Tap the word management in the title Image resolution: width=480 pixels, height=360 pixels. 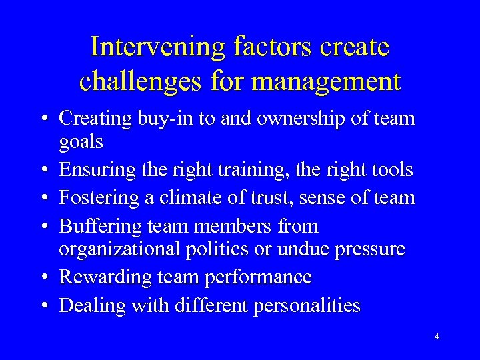click(327, 81)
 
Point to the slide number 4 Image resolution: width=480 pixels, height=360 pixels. click(437, 337)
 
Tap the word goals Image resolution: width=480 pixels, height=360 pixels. click(81, 142)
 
